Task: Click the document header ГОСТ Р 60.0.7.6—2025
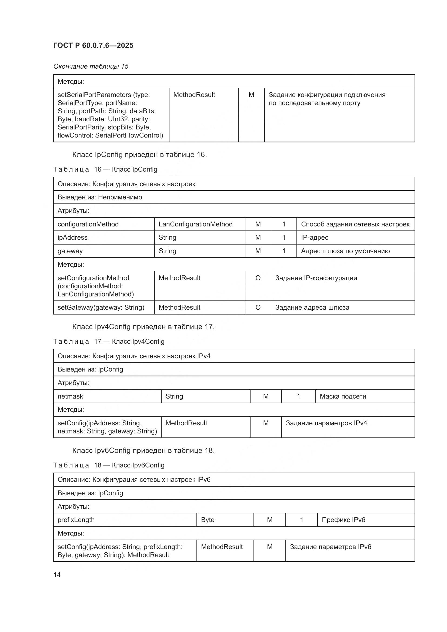(x=93, y=45)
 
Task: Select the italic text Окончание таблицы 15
(x=91, y=66)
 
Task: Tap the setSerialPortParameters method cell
(x=111, y=115)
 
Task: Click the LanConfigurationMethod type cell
(x=195, y=224)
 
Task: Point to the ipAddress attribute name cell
(x=72, y=237)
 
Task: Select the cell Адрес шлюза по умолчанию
(x=345, y=251)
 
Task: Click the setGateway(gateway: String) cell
(x=101, y=307)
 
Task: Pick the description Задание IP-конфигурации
(x=316, y=278)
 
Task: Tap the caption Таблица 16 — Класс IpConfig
(x=105, y=169)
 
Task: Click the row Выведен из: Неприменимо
(x=100, y=197)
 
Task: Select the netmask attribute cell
(x=71, y=396)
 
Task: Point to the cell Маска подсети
(x=343, y=396)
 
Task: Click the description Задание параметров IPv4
(x=326, y=423)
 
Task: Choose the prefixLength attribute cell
(x=76, y=520)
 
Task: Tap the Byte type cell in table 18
(x=208, y=520)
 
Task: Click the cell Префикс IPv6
(x=343, y=520)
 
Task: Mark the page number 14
(x=57, y=575)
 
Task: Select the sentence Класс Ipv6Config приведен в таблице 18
(x=143, y=450)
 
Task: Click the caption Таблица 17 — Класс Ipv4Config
(x=109, y=341)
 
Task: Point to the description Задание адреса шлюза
(x=312, y=307)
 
